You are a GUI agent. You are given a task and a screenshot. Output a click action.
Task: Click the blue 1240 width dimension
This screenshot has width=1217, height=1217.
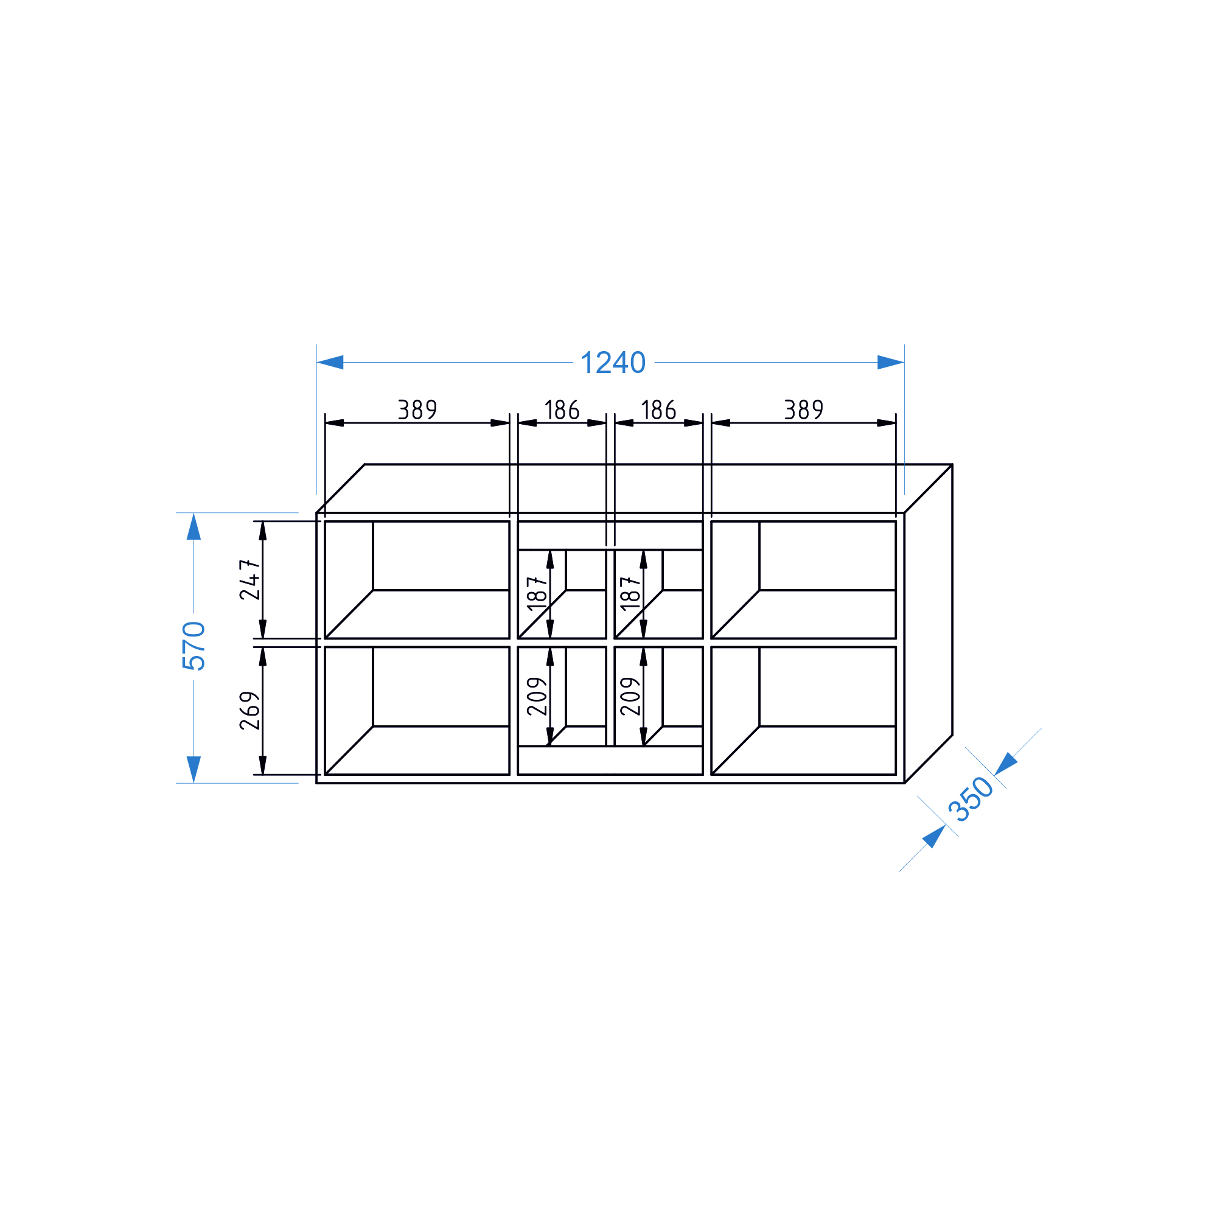(613, 363)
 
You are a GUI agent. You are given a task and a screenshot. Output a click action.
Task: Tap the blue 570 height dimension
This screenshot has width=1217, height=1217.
(194, 646)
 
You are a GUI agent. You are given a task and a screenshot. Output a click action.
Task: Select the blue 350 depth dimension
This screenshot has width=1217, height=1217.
(971, 800)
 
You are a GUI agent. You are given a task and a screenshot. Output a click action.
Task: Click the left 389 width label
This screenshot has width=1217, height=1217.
(417, 410)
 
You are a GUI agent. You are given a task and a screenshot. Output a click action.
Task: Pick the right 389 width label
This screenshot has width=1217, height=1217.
(803, 410)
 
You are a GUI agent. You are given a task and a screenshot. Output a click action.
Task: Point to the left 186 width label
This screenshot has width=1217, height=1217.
(562, 410)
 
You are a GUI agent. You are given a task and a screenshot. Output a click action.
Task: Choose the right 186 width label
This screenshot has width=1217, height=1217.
(658, 410)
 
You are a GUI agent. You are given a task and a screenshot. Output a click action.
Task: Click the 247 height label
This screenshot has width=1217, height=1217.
(250, 579)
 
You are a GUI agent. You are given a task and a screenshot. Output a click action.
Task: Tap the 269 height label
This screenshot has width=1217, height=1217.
(250, 711)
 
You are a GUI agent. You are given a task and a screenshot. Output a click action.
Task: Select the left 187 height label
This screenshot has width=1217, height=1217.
(537, 593)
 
